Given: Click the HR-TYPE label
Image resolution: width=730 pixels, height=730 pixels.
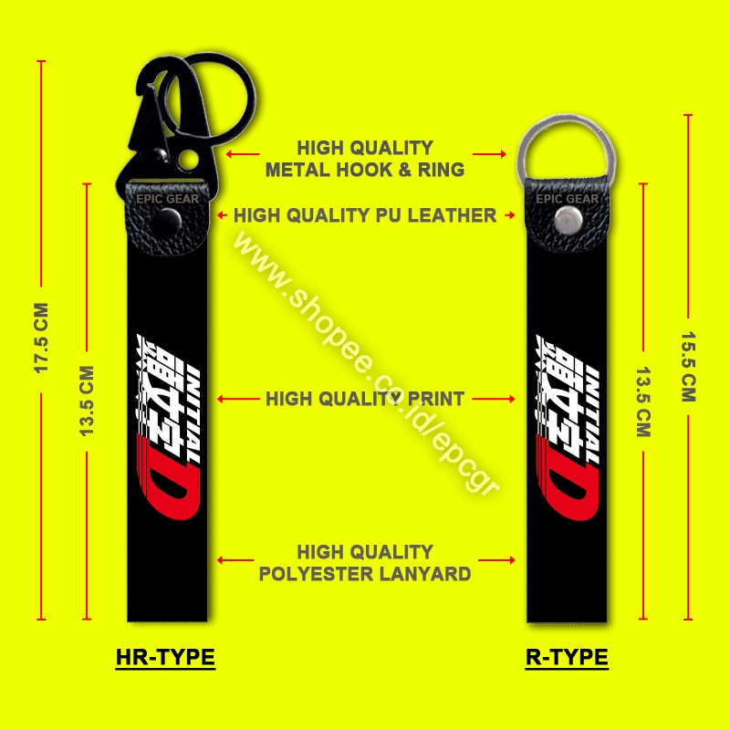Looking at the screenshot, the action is (x=165, y=657).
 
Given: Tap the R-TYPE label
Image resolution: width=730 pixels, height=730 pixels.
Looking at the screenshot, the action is (x=567, y=657).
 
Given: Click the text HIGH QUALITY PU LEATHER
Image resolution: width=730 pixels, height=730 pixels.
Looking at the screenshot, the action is (x=365, y=216).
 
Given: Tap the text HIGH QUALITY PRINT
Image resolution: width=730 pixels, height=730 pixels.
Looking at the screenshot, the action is (x=365, y=399).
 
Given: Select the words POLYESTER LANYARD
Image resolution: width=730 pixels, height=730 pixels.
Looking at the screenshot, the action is (x=365, y=574).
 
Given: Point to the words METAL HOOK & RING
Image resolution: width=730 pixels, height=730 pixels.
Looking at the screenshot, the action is (x=365, y=169).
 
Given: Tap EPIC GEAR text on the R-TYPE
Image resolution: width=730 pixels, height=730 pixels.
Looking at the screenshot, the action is (x=567, y=198).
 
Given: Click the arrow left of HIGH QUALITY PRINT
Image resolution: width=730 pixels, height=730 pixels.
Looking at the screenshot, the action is (x=239, y=399).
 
